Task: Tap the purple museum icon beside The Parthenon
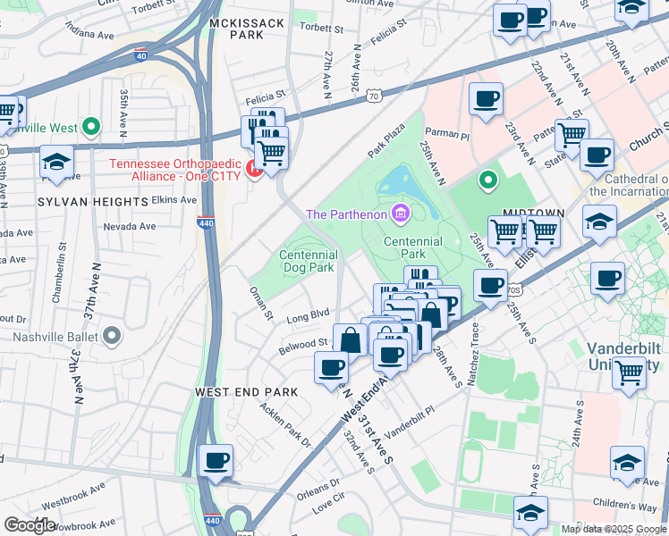[400, 214]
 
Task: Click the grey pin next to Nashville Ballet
[111, 336]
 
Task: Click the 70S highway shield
[512, 290]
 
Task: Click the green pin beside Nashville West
[90, 127]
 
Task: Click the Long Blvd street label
[309, 314]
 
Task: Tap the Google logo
[30, 524]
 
